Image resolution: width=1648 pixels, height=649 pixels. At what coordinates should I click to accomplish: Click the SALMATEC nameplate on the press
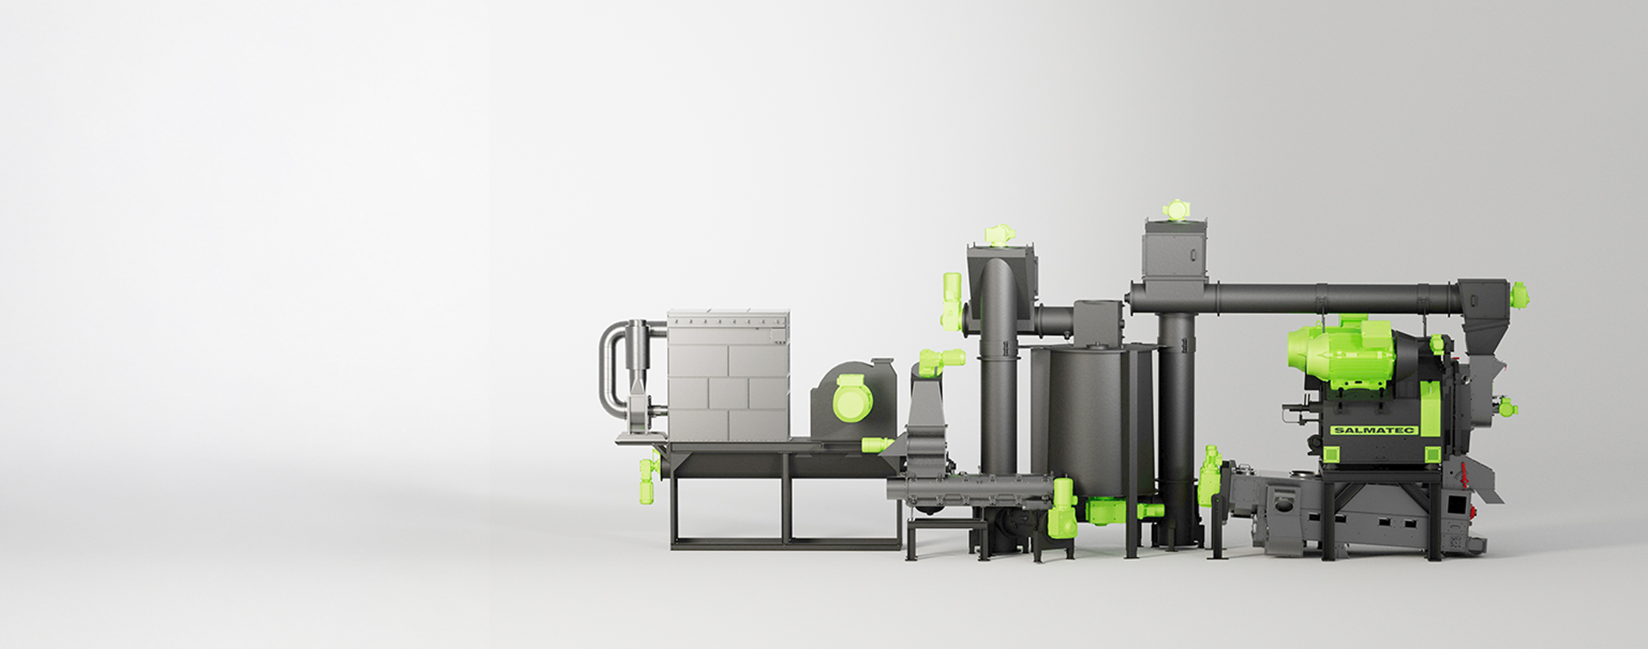1373,430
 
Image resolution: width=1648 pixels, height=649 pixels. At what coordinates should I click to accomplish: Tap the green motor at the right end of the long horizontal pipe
1518,295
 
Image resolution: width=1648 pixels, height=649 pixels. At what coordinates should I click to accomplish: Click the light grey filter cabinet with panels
728,376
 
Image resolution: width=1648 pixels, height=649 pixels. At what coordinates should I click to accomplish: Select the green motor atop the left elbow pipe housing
999,234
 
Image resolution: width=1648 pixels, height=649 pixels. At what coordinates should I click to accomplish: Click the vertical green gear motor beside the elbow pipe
951,301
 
